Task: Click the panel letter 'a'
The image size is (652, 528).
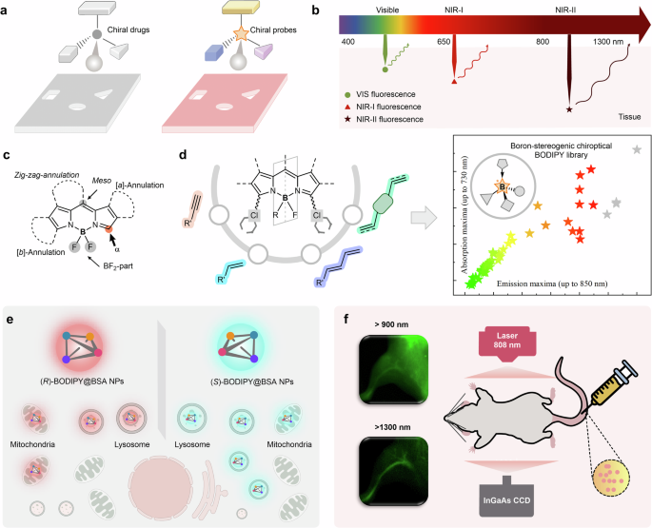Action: pos(7,7)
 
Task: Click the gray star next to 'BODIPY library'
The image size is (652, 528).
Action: pos(636,150)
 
